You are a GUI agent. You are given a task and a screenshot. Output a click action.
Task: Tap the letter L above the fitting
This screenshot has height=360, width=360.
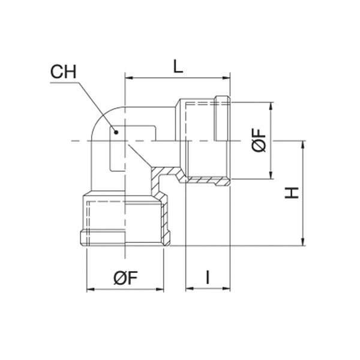click(178, 67)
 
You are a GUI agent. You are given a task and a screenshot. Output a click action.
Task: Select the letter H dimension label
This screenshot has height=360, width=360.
click(292, 193)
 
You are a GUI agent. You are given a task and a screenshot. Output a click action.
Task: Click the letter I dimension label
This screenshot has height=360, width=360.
click(207, 277)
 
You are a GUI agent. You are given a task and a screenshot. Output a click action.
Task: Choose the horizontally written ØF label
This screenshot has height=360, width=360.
click(126, 277)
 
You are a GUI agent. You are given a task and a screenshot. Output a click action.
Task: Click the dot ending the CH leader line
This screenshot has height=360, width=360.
click(116, 130)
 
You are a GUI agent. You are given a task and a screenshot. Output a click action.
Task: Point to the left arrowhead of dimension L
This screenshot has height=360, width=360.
click(128, 77)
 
